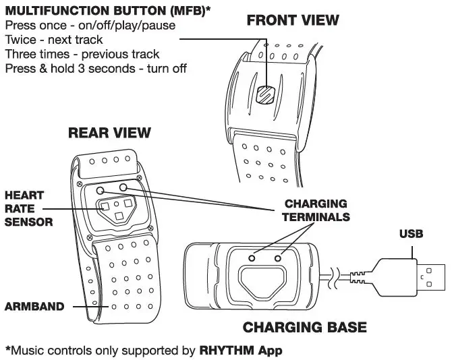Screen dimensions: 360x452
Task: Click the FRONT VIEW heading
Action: pyautogui.click(x=293, y=20)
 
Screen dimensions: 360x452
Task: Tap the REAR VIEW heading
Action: pyautogui.click(x=109, y=133)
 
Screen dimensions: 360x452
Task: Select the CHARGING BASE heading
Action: pyautogui.click(x=305, y=328)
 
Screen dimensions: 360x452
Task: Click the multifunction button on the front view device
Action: pyautogui.click(x=266, y=94)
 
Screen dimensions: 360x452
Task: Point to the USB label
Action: pyautogui.click(x=411, y=235)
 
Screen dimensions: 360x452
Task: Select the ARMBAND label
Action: pyautogui.click(x=34, y=307)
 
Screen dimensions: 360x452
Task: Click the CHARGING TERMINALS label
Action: pyautogui.click(x=316, y=210)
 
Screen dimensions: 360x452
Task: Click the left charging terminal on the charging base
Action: pyautogui.click(x=253, y=258)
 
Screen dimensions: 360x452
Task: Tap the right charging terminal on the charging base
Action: pyautogui.click(x=278, y=258)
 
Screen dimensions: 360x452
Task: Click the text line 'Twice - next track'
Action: pyautogui.click(x=54, y=40)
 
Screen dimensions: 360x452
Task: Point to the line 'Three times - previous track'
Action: pyautogui.click(x=82, y=54)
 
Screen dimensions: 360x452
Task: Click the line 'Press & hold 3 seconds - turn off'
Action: pyautogui.click(x=95, y=68)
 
